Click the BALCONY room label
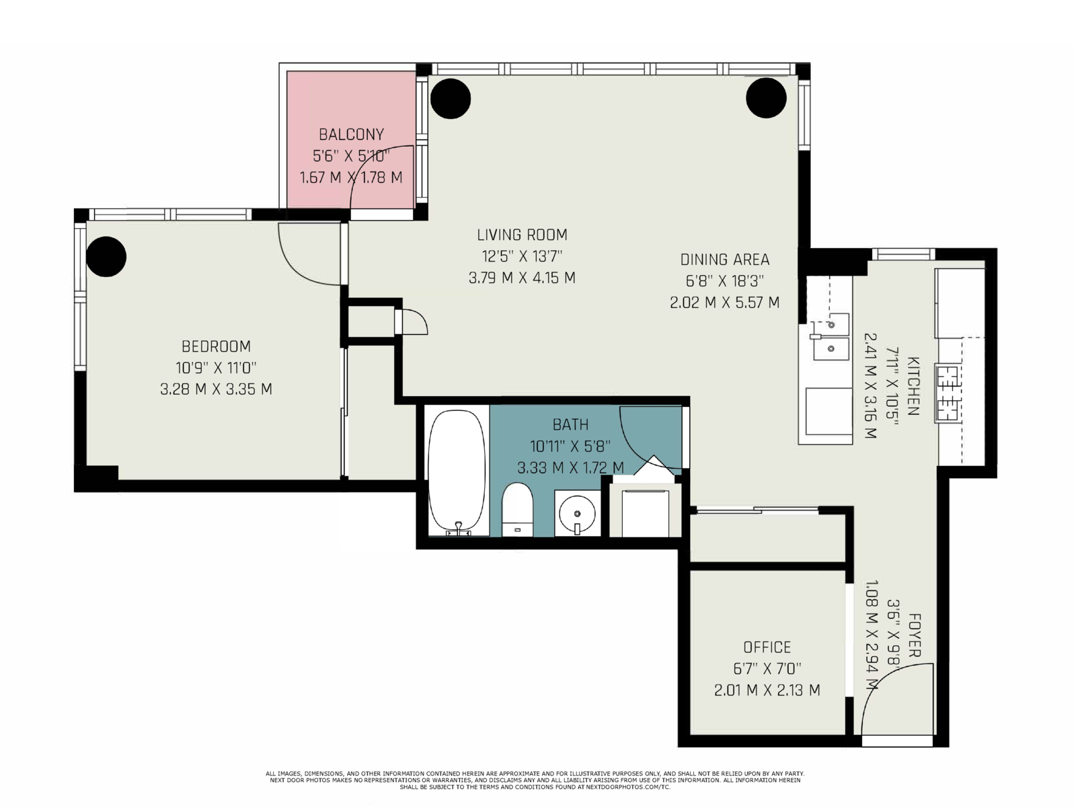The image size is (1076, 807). click(351, 134)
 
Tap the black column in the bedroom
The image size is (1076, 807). click(106, 257)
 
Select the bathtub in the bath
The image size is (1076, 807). click(457, 472)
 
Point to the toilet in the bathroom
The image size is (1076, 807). click(517, 510)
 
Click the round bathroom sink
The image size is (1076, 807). click(578, 514)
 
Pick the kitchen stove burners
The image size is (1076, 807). click(947, 393)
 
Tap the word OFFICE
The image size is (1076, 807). click(767, 647)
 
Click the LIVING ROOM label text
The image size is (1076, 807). click(522, 235)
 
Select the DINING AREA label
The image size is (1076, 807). click(724, 259)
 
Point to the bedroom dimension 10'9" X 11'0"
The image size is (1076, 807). click(216, 367)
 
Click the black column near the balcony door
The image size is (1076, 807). click(451, 98)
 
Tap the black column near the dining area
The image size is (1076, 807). click(766, 98)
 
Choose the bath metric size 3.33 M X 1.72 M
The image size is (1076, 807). click(570, 467)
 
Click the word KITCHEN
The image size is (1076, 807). click(913, 386)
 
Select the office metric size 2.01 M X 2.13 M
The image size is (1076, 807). click(767, 691)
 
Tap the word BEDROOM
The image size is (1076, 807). click(216, 346)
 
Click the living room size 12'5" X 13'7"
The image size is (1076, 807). click(522, 256)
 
